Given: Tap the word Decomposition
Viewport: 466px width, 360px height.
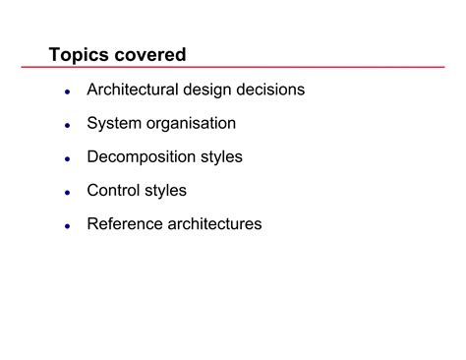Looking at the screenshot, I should click(144, 156).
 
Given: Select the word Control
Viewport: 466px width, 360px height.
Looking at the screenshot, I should click(113, 190).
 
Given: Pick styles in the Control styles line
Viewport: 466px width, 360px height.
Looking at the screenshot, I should click(165, 190).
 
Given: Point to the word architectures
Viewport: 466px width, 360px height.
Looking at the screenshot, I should click(214, 223).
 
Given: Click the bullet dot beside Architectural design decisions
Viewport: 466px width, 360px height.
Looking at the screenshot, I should click(66, 91).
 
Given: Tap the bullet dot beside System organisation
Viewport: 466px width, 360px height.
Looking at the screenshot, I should click(66, 125).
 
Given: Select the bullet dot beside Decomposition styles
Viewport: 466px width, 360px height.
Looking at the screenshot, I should click(66, 158).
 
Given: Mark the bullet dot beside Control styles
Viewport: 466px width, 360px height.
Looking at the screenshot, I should click(66, 192).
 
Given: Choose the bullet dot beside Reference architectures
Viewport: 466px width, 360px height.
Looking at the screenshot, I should click(66, 225).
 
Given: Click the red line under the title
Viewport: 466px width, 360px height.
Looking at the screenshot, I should click(246, 67).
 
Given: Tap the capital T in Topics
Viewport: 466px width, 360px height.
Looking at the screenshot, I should click(55, 53).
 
